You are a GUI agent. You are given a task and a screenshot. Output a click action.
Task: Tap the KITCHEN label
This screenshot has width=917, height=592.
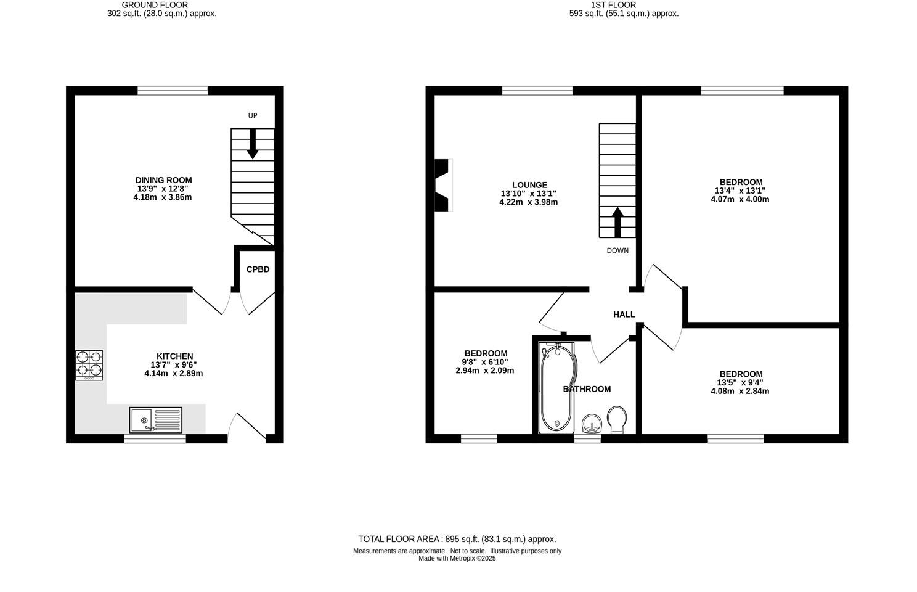point(174,356)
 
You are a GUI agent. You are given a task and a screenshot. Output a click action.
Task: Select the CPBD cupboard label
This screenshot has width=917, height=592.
point(258,269)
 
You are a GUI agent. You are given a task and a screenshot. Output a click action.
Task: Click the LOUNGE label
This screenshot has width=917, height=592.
point(529,185)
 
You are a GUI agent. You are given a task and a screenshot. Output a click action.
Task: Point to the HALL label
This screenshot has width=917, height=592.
point(624,314)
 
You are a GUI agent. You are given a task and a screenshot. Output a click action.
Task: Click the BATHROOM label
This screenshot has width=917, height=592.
point(587,389)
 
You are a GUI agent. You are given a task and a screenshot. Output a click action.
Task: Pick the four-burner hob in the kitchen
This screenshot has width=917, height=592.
point(89,364)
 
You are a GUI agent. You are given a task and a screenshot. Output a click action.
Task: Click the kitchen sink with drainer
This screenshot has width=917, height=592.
point(156,420)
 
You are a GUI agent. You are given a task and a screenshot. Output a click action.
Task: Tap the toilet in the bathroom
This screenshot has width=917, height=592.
point(616,419)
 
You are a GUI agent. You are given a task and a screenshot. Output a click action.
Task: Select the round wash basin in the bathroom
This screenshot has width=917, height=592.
point(592,424)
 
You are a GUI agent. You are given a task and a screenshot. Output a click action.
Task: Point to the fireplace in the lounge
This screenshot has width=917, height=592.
point(443,186)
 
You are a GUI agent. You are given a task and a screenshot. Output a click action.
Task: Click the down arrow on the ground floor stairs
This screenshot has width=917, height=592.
point(252,144)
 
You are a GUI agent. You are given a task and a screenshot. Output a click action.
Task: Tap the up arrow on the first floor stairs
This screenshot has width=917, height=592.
point(617,221)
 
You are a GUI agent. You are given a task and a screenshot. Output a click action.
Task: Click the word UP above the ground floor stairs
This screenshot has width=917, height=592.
point(252,116)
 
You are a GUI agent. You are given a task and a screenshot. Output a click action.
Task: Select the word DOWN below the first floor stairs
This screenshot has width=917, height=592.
point(617,250)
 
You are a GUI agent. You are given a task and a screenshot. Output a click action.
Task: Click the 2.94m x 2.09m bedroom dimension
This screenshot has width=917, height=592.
point(484,371)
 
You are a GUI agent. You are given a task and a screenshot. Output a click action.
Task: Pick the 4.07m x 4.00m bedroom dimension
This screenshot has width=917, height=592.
point(740,199)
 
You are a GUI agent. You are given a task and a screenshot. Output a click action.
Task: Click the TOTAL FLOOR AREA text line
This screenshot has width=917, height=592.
point(457,539)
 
